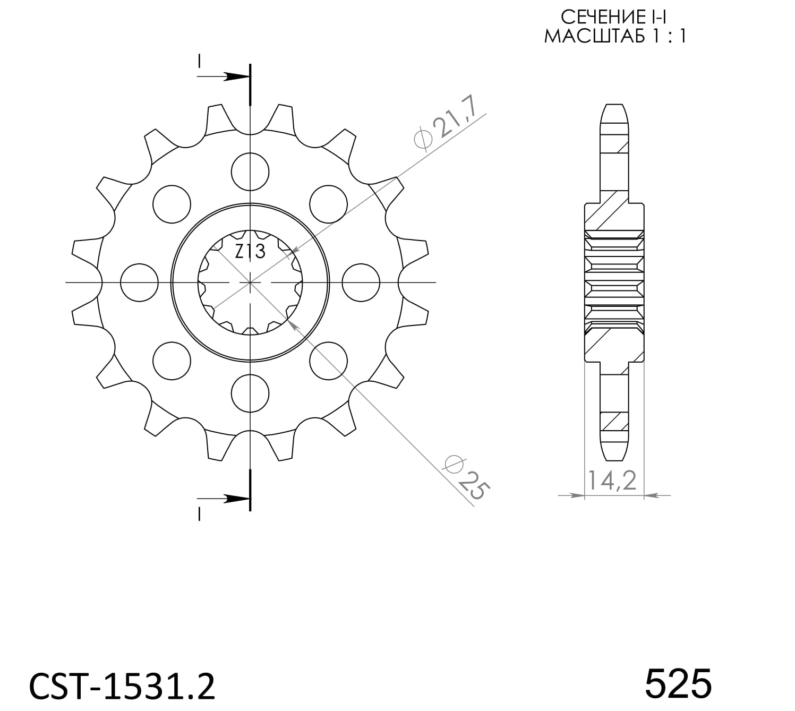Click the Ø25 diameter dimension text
[x=464, y=477]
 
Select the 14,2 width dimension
[x=612, y=481]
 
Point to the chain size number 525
[x=678, y=683]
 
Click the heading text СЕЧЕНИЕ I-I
[x=614, y=17]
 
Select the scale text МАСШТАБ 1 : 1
[x=615, y=36]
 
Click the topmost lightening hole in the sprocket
[x=250, y=171]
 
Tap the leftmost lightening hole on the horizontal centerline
[x=139, y=282]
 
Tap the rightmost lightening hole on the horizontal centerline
[x=361, y=282]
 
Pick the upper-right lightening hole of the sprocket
[x=328, y=204]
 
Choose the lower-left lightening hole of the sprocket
[x=172, y=361]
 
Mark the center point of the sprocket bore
[x=250, y=282]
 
